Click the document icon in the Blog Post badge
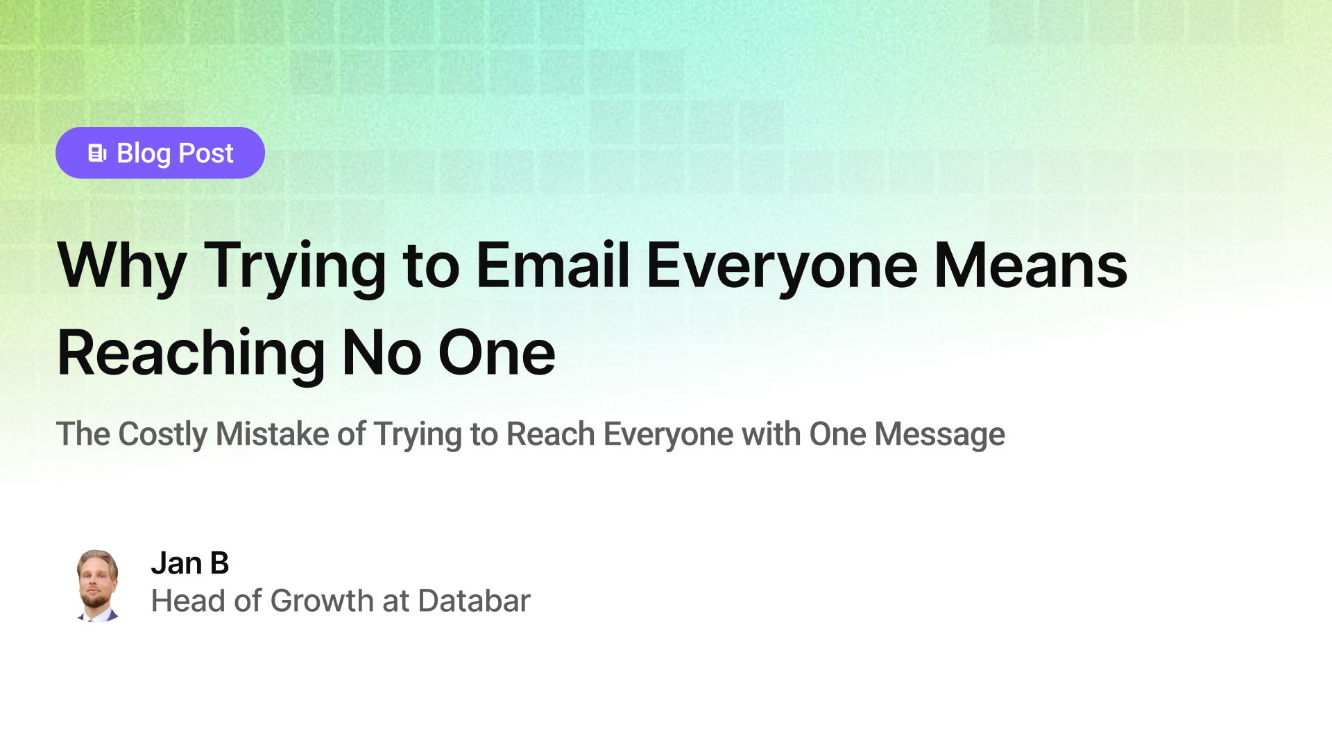coord(97,153)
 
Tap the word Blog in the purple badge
coord(144,153)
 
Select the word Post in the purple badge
coord(206,153)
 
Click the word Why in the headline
coord(121,266)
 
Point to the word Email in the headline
coord(553,266)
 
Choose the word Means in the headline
coord(1030,266)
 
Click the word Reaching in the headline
coord(191,354)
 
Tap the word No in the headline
coord(382,354)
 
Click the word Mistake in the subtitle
coord(272,435)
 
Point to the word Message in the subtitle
coord(939,435)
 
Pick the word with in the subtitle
coord(771,435)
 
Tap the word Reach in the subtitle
coord(550,435)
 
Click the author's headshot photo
coord(97,585)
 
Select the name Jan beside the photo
coord(176,563)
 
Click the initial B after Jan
coord(219,563)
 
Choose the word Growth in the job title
coord(322,601)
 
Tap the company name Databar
coord(474,601)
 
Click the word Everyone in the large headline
coord(782,266)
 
